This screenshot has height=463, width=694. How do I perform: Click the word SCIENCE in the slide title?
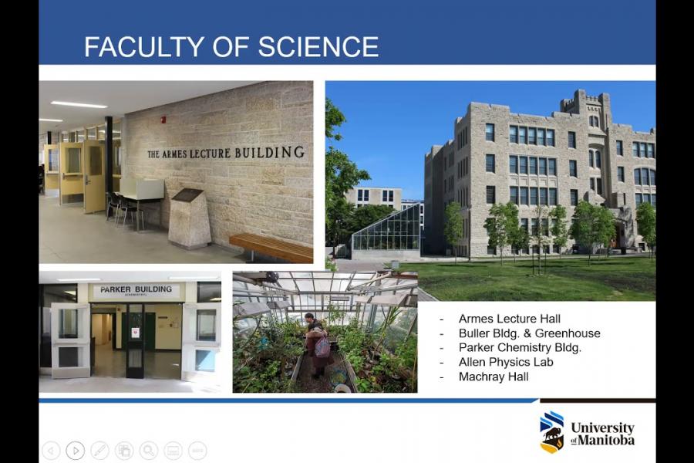coord(318,46)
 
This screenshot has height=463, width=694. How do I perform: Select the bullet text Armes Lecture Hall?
coord(510,319)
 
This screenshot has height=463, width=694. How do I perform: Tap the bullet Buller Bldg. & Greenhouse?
coord(529,333)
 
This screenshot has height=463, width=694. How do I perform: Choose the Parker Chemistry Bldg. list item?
coord(520,348)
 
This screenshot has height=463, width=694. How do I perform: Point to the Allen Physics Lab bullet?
coord(506,363)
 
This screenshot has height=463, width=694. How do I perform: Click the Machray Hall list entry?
coord(494,377)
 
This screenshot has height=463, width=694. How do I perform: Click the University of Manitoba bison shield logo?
coord(551,432)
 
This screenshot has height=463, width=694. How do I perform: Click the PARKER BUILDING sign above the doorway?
coord(136,290)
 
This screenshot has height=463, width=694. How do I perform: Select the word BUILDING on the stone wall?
coord(270,153)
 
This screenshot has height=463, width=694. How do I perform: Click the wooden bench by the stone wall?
coord(271,247)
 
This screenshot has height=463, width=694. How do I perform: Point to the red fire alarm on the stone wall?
coord(163,120)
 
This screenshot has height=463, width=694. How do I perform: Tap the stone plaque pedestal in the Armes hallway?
coord(190,218)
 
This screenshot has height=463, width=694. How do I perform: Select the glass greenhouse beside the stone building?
coord(386,231)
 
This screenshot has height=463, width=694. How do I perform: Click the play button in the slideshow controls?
coord(76,451)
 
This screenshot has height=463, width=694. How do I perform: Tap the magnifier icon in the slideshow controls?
coord(149,451)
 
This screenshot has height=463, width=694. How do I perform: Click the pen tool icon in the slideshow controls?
coord(99,451)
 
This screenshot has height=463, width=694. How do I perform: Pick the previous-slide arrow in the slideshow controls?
coord(51,451)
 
